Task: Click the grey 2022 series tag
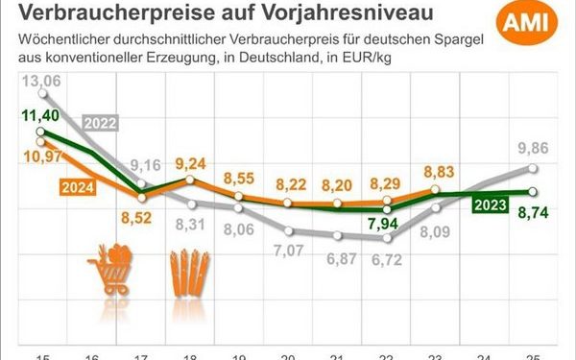point(102,123)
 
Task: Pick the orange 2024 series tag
point(80,186)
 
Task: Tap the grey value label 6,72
point(386,260)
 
